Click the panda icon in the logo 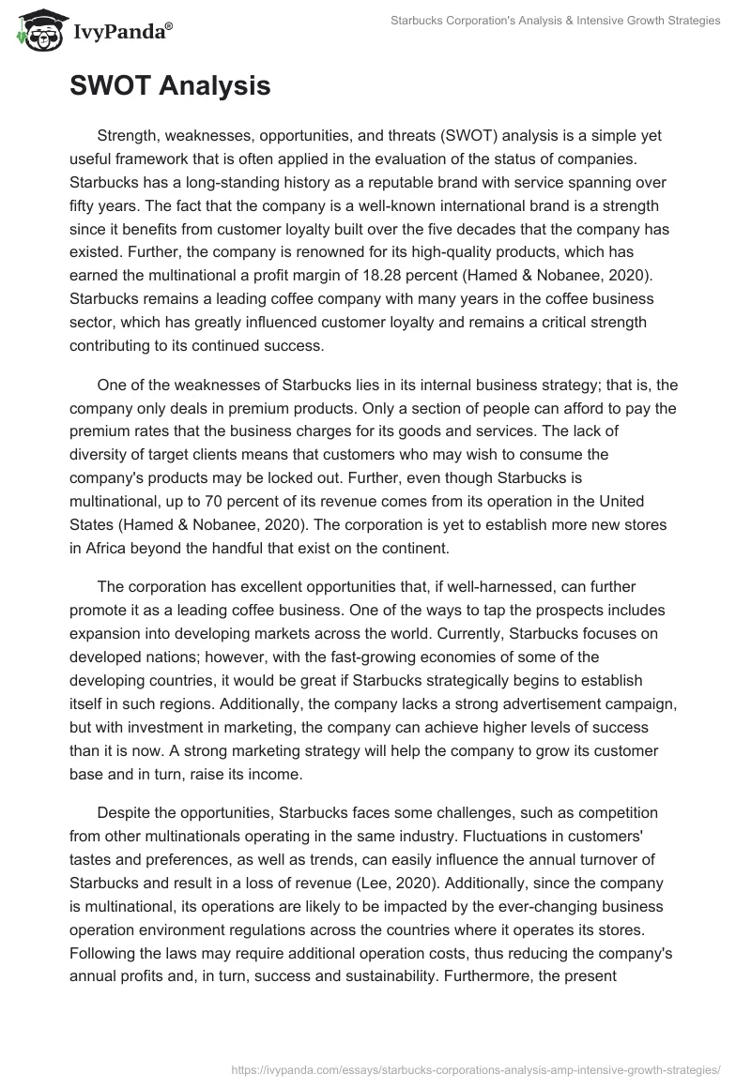pos(35,31)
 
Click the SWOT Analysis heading pos(170,87)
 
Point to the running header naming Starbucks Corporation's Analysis pos(555,21)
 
